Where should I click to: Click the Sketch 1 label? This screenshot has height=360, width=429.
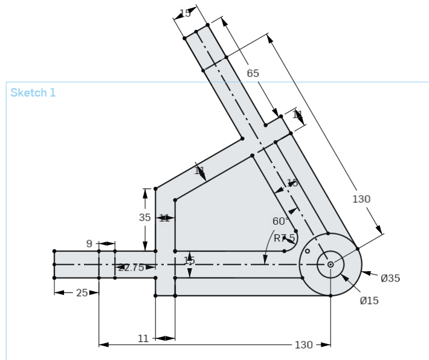point(33,92)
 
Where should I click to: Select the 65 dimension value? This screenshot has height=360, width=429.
point(253,73)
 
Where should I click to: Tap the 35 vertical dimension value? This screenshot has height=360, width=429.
point(145,217)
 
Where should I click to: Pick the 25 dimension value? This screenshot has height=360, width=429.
point(82,293)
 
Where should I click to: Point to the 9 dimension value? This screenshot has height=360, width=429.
point(89,244)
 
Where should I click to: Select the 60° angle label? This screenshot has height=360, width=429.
point(280,221)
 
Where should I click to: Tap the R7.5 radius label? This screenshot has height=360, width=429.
point(284,238)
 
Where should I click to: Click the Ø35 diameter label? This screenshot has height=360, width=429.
point(390,278)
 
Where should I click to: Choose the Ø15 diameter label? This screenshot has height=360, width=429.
point(369,300)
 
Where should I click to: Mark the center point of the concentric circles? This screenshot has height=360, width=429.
point(331,265)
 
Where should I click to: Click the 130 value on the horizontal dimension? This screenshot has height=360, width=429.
point(303,345)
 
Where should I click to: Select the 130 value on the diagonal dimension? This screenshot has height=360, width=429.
point(361,199)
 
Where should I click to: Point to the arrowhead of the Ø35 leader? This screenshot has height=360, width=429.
point(364,273)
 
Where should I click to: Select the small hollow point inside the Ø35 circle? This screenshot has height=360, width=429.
point(308,251)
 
